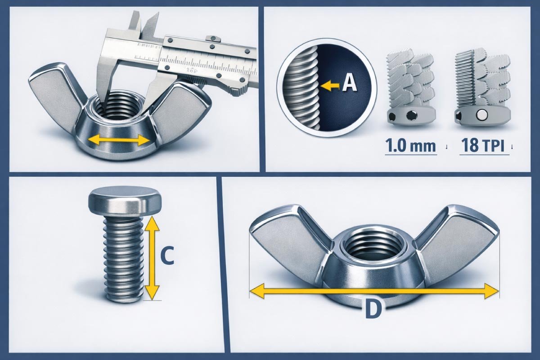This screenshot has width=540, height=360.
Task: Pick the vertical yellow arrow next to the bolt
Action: pos(153,258)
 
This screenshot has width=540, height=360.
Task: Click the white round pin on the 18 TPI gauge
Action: pos(481,116)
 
